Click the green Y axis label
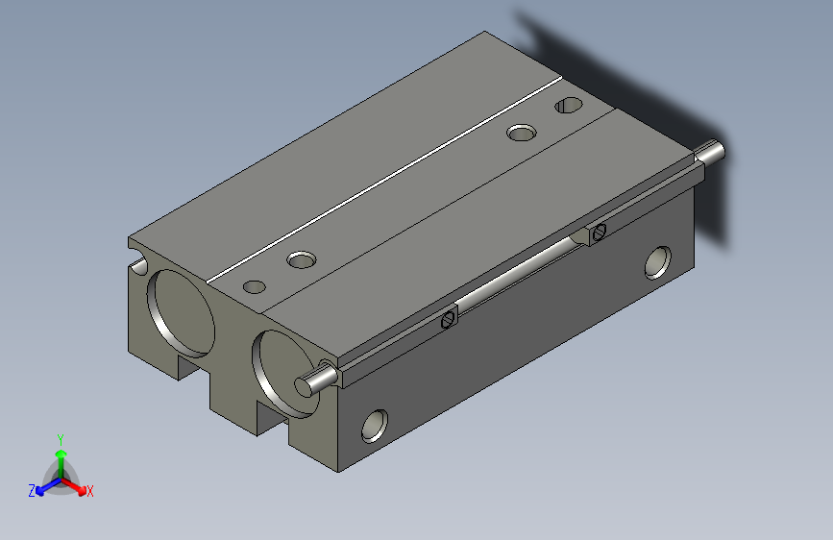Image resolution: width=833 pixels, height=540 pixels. coord(61,439)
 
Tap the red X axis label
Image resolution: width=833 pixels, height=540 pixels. coord(89,491)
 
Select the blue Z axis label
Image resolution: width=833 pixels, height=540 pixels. coord(32,491)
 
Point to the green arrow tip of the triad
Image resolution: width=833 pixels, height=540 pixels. coord(61,454)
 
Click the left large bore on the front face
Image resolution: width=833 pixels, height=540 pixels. coord(182,313)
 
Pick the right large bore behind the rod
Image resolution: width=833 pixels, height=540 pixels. coord(282,373)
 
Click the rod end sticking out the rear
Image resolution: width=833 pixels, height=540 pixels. coord(711,152)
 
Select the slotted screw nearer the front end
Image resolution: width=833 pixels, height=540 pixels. coord(449,319)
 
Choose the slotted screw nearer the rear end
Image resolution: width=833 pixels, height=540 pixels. coord(599,232)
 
